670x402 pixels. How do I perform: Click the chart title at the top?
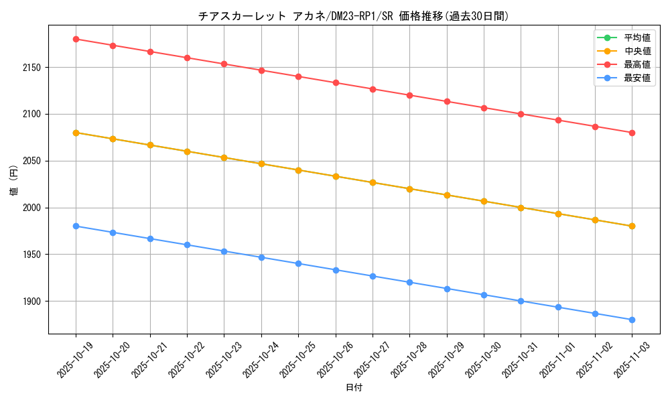click(353, 16)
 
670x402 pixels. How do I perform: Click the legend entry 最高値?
click(636, 64)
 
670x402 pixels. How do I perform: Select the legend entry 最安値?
click(636, 78)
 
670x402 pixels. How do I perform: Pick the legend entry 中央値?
click(636, 51)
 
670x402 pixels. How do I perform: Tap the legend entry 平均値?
click(636, 38)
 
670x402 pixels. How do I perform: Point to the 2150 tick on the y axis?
click(32, 68)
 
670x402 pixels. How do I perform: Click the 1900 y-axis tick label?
click(32, 301)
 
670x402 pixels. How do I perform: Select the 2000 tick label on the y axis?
click(32, 208)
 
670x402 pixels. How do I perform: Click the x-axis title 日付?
click(354, 388)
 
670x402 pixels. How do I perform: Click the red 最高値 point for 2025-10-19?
click(76, 39)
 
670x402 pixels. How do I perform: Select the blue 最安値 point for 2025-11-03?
click(632, 320)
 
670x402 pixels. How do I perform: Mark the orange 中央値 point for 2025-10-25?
click(298, 170)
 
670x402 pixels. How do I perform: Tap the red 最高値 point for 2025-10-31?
click(521, 114)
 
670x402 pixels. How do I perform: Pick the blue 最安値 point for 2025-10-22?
click(187, 245)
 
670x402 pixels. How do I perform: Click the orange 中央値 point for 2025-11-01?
click(557, 214)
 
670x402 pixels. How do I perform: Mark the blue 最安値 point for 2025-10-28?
click(409, 282)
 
